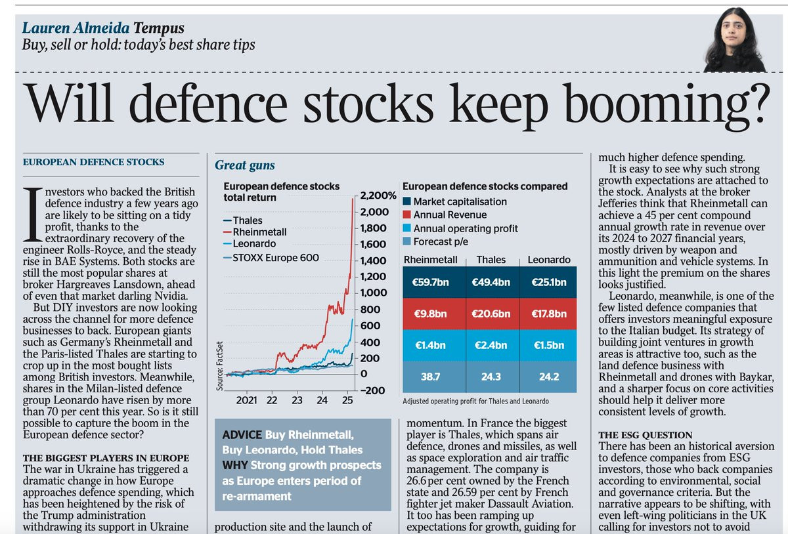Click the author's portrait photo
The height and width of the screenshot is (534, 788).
coord(734,40)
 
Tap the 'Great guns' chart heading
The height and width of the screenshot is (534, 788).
coord(245,165)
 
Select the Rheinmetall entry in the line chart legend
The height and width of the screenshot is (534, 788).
coord(255,232)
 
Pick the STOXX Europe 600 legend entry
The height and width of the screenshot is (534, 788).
coord(271,258)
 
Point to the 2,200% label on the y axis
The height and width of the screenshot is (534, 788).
coord(378,195)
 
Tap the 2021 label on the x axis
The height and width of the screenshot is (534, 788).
coord(247,400)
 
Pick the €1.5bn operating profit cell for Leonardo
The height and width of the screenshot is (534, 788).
coord(548,345)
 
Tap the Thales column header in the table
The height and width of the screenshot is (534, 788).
coord(491,260)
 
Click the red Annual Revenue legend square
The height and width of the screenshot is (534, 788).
coord(406,215)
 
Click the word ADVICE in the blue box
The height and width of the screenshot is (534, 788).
coord(242,435)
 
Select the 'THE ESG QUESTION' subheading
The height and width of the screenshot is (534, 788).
coord(645,435)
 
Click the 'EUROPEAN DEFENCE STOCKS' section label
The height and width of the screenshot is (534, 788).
coord(93,162)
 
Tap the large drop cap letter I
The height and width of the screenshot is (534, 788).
coord(33,215)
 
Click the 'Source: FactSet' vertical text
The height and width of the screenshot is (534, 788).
coord(219,366)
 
